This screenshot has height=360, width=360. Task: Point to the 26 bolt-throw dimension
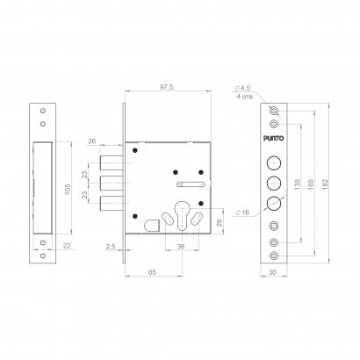93,140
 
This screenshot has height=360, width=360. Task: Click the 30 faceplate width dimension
276,274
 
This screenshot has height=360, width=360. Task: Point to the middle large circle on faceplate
276,183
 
